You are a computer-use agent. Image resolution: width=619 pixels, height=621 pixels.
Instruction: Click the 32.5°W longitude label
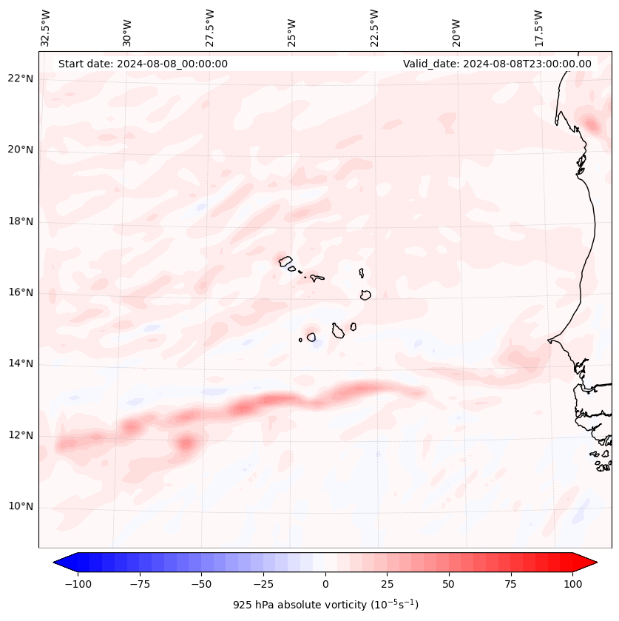(46, 27)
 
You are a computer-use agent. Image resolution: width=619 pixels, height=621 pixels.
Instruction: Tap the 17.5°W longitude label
(539, 27)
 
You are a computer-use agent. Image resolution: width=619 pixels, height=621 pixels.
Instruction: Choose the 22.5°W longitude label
(375, 27)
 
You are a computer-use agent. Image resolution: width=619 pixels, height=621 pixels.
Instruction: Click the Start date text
(143, 64)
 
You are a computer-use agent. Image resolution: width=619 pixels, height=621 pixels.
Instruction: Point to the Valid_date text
(497, 64)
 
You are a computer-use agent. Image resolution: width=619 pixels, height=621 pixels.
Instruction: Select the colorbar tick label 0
(325, 584)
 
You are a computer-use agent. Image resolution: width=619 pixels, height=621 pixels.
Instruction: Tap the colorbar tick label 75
(510, 584)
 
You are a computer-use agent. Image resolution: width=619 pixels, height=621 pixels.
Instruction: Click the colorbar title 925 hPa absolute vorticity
(325, 605)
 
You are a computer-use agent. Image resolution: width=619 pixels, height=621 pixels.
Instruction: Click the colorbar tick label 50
(449, 584)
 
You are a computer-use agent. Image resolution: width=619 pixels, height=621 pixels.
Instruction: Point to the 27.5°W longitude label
(210, 27)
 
